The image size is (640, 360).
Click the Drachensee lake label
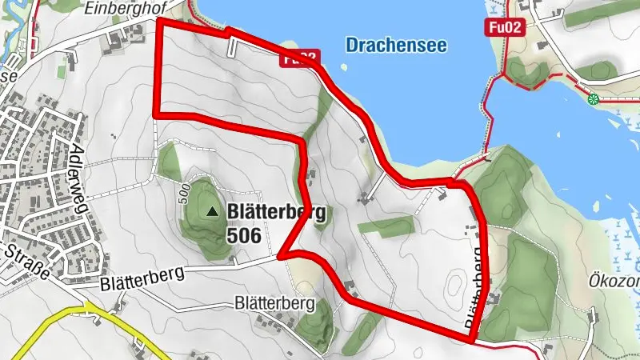point(396,45)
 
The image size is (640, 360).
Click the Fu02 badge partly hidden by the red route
point(298,58)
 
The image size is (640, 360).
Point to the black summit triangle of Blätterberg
point(212,212)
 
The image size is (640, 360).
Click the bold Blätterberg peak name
point(276,212)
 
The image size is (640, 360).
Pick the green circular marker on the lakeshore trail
point(593,99)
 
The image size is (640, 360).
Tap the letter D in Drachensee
point(352,45)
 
